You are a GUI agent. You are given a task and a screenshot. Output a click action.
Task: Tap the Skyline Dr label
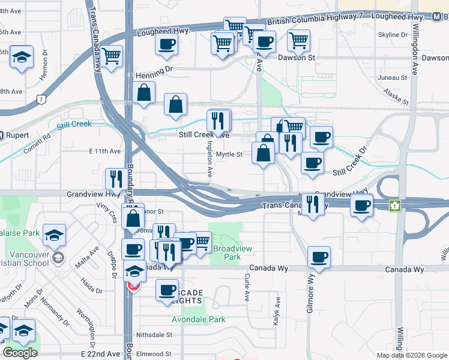pos(393,35)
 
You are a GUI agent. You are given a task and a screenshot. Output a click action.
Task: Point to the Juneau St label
pos(393,78)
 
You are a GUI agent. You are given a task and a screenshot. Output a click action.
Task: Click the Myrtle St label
pos(229,155)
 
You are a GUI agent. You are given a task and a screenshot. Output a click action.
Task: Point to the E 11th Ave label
pos(105,151)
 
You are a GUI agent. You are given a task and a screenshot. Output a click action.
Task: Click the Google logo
pos(20,353)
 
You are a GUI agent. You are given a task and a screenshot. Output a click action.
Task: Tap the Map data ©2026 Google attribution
pos(411,355)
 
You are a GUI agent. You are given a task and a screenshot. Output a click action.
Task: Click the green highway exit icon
pos(395,205)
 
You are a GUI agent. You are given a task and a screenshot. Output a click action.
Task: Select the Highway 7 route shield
pos(40,98)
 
